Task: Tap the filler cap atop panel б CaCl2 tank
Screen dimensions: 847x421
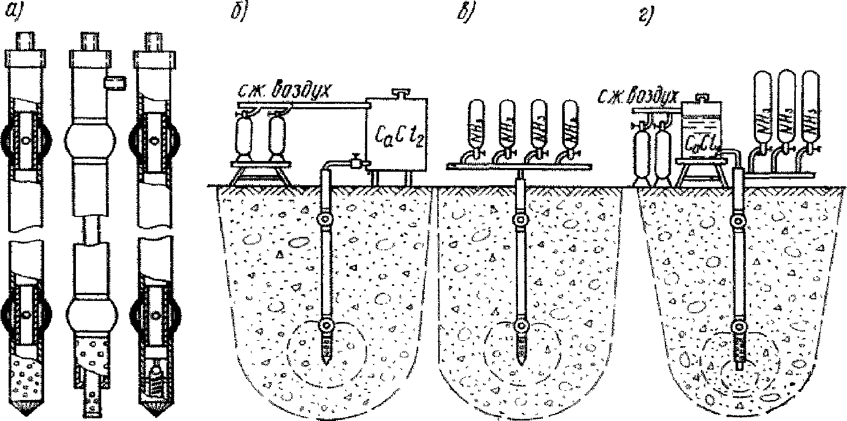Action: (399, 92)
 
